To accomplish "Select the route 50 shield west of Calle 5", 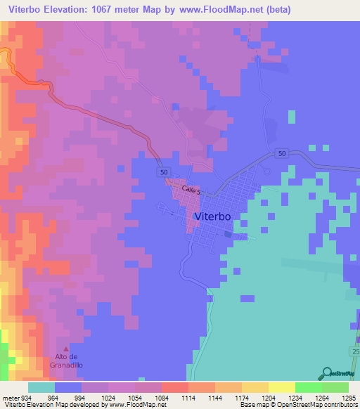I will (x=163, y=172).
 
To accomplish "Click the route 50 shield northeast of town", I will (x=282, y=154).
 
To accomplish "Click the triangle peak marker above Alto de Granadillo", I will (x=67, y=349).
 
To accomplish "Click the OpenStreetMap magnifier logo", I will (x=326, y=374).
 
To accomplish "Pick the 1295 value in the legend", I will (x=349, y=397).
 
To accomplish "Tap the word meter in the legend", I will (x=11, y=397).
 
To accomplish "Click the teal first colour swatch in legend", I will (x=41, y=387).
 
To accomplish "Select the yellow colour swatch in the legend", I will (x=282, y=387).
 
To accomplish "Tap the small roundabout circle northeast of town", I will (x=266, y=170).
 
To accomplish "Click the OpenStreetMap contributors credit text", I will (x=320, y=405).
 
